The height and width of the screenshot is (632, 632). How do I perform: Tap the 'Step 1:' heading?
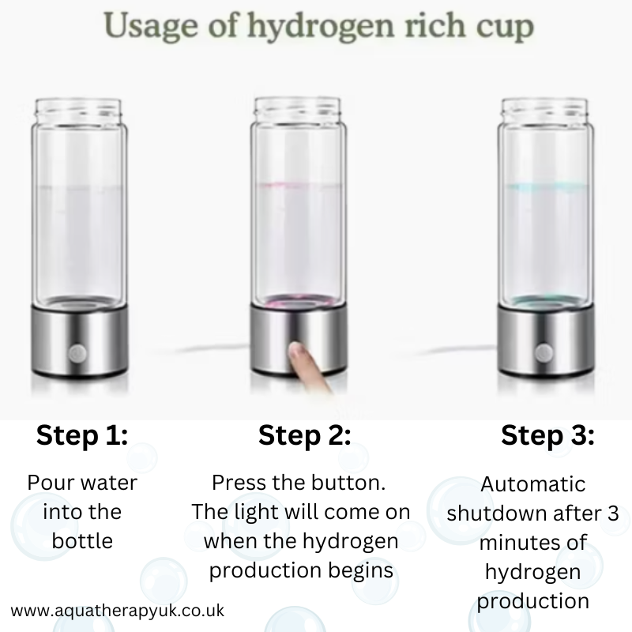pos(82,435)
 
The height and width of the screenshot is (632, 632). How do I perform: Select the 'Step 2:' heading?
pos(304,435)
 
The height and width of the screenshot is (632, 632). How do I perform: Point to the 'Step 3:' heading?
pos(547,435)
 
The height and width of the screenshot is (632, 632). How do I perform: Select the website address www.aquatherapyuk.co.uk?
pos(118,611)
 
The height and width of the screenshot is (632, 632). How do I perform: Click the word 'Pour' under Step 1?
pos(47,482)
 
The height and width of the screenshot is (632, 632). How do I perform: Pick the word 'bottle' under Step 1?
pos(82,541)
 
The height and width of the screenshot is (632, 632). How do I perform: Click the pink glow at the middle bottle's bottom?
pos(298,303)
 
